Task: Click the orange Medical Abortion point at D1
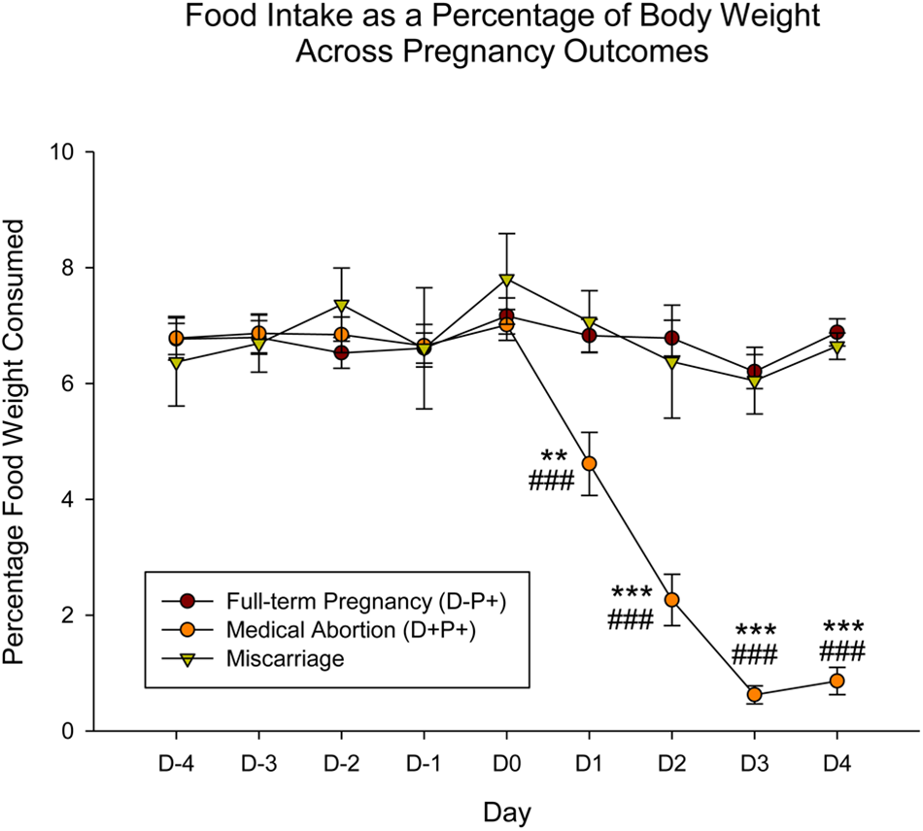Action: (589, 463)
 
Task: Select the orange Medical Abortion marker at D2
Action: (671, 599)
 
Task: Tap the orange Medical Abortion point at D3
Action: (754, 694)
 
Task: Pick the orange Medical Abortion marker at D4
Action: (837, 681)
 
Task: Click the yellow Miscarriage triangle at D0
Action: (506, 280)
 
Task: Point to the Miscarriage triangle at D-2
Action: (342, 306)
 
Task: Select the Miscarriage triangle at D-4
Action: (177, 362)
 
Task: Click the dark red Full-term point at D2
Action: (671, 338)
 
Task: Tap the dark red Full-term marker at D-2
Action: (342, 352)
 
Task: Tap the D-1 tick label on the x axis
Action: (424, 762)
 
